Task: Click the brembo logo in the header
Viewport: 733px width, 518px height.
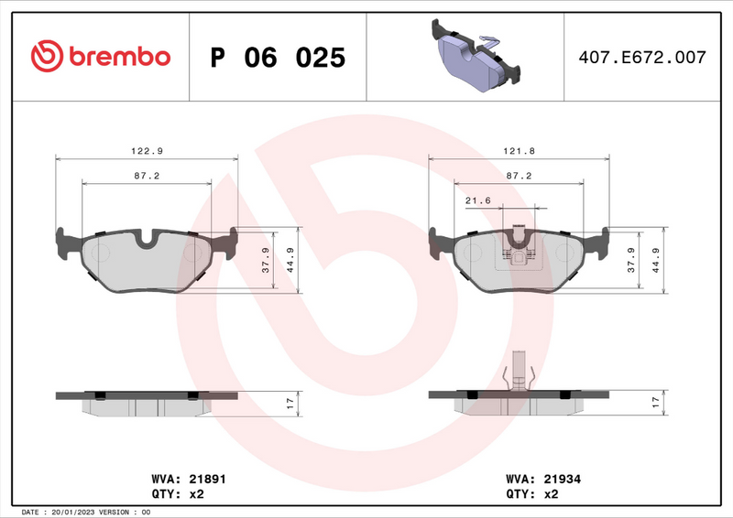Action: click(x=102, y=57)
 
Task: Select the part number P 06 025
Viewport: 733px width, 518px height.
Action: click(x=278, y=58)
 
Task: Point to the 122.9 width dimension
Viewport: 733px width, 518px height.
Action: click(x=148, y=150)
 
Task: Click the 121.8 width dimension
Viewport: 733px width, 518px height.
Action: click(x=520, y=150)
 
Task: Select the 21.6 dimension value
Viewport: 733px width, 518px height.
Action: click(x=478, y=199)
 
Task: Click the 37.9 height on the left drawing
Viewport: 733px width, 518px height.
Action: click(x=266, y=261)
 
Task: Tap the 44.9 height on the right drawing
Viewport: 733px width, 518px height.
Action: click(x=656, y=261)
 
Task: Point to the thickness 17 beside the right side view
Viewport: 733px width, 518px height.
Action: click(x=656, y=402)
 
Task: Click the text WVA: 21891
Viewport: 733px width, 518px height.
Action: click(x=187, y=479)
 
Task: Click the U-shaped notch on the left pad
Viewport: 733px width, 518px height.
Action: click(x=148, y=241)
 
